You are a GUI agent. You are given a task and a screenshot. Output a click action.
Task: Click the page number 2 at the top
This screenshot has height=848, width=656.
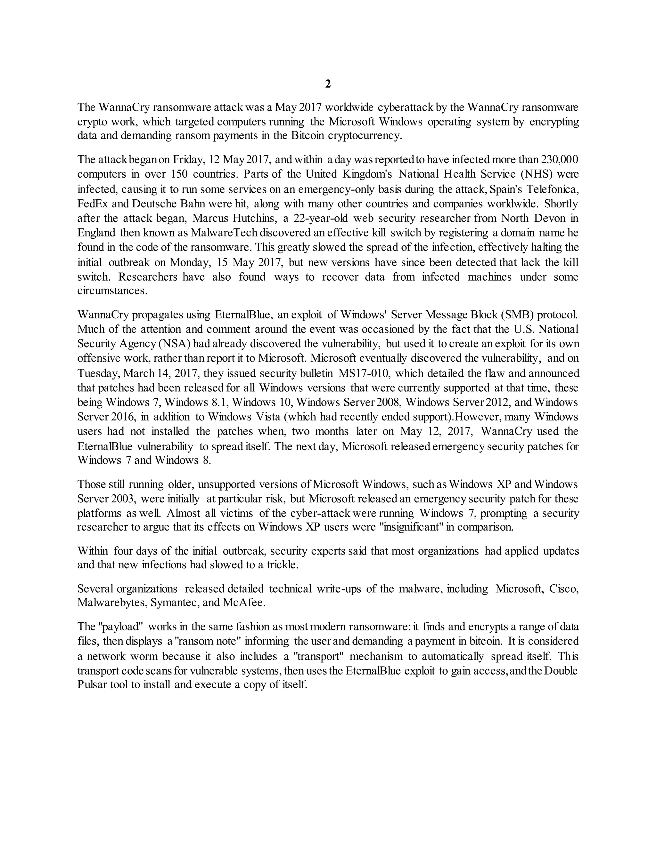click(x=328, y=84)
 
